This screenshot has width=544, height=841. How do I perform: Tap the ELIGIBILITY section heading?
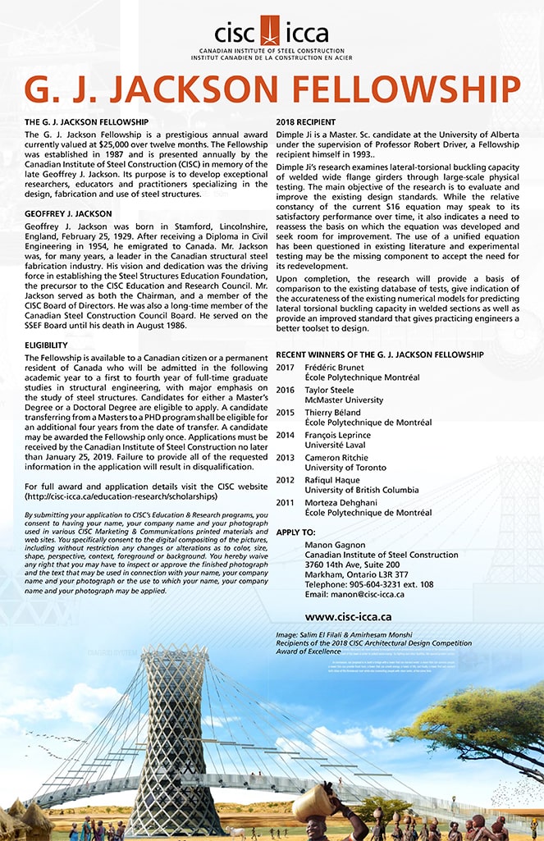46,345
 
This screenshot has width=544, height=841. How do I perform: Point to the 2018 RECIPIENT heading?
306,121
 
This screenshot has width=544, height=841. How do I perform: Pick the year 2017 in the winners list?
285,367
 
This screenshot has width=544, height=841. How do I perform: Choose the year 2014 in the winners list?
285,435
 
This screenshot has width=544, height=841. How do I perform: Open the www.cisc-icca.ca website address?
348,615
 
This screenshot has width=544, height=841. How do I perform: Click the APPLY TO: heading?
295,532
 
